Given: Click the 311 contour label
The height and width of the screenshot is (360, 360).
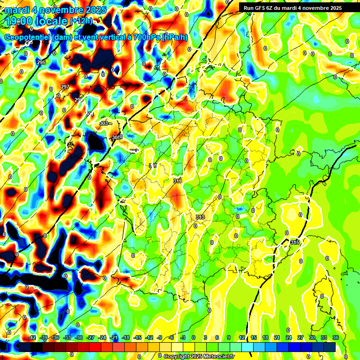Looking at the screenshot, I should (177, 181).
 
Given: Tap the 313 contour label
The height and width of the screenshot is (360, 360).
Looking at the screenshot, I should (200, 217).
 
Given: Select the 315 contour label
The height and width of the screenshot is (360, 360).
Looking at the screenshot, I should (294, 242).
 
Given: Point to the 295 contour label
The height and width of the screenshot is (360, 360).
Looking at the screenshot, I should (41, 62).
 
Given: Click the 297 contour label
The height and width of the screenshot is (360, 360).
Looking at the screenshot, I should (65, 87).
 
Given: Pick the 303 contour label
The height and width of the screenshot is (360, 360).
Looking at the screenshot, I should (104, 123).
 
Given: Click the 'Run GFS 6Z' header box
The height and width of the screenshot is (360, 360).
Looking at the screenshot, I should (292, 8).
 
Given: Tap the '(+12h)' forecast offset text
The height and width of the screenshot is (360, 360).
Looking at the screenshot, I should (81, 21).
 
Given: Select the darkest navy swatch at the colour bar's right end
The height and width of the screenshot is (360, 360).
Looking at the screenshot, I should (330, 346).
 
